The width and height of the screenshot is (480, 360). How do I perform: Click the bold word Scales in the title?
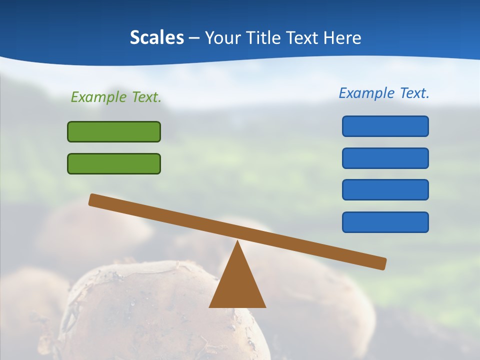pos(156,37)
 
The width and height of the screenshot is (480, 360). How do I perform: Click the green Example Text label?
pos(116,97)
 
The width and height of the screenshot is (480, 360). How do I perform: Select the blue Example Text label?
pos(384,93)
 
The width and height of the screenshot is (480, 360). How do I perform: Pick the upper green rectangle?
pos(114,131)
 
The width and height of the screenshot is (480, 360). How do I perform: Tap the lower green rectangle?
pos(114,163)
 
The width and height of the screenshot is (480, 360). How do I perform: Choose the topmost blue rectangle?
pos(385,126)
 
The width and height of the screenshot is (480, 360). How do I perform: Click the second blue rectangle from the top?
pos(385,158)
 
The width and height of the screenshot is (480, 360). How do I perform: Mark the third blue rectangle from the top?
pos(385,189)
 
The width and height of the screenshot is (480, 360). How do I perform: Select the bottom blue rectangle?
pos(385,222)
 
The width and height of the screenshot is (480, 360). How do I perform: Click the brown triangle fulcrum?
pos(237,285)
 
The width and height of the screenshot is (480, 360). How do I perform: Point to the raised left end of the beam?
pos(93,199)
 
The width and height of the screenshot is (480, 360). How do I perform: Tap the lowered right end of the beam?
pos(382,263)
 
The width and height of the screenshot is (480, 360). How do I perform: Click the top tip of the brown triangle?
pos(238,242)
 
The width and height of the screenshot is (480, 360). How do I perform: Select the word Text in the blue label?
pos(414,93)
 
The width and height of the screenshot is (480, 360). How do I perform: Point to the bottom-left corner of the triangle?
pos(210,306)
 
